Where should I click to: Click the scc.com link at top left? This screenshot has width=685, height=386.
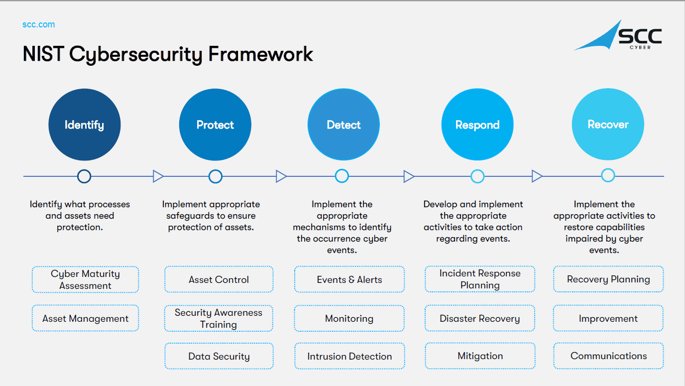pos(38,24)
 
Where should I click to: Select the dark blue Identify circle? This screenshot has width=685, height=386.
pos(84,125)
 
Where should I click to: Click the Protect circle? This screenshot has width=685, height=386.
pos(215,125)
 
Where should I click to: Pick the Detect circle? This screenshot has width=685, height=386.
pos(343,125)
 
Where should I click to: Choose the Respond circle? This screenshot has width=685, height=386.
pos(477,125)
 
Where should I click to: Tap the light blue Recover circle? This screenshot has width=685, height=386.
pos(608,125)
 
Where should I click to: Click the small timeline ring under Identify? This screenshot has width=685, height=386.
pos(84,176)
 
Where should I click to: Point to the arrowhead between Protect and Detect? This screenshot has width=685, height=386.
pos(281,176)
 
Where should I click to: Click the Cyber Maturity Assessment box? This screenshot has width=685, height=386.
pos(85,279)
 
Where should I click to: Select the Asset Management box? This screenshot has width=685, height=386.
pos(85,318)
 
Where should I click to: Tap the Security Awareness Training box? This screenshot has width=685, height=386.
pos(219,318)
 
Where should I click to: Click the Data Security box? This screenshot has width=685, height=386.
pos(219,356)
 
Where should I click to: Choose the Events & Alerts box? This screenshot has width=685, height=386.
pos(349,279)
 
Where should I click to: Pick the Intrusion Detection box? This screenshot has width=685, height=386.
pos(349,356)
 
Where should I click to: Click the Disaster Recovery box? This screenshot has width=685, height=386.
pos(480,318)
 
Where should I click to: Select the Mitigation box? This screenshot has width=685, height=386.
pos(480,356)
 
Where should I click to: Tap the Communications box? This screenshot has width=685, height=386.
pos(608,356)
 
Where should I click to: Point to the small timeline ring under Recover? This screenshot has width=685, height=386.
pos(608,175)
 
